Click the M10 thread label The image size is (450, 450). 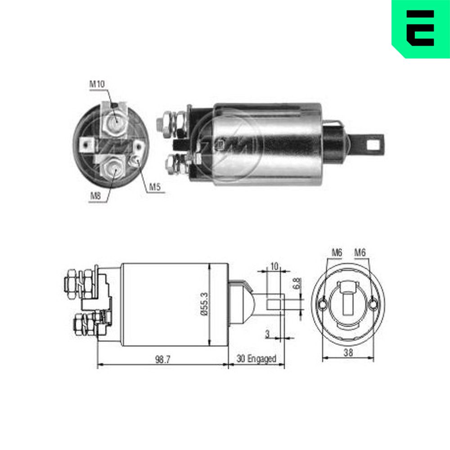(97, 84)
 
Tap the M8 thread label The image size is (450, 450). (95, 196)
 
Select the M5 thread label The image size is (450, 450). (155, 187)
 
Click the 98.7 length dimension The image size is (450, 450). (163, 359)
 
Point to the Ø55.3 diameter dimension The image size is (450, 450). (204, 304)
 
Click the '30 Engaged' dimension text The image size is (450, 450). (256, 359)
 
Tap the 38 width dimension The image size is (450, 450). (348, 352)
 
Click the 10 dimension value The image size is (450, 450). (274, 266)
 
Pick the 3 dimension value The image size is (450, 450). (267, 334)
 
